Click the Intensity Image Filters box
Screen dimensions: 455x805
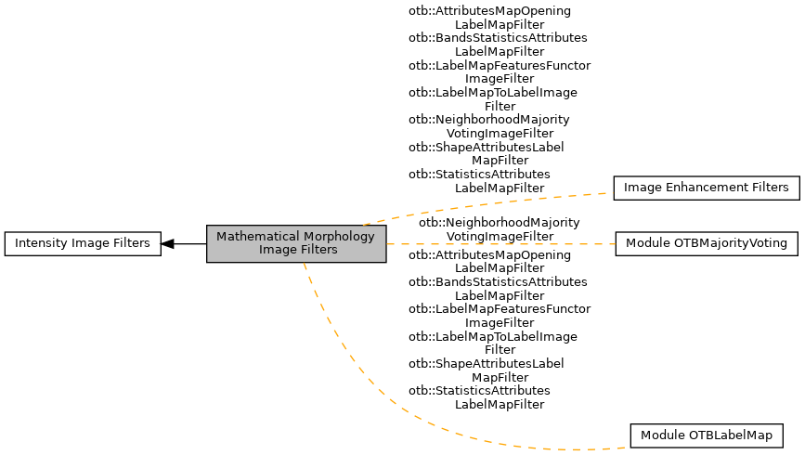(x=83, y=244)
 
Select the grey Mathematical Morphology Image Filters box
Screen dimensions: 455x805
(x=295, y=243)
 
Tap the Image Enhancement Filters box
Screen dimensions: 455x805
(x=706, y=188)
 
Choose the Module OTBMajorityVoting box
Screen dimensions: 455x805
(x=706, y=244)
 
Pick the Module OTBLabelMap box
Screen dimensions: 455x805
(x=706, y=435)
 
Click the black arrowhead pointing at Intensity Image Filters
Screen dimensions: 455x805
(x=168, y=244)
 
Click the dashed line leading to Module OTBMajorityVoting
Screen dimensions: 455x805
(x=501, y=243)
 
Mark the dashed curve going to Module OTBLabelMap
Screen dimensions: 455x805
(x=371, y=390)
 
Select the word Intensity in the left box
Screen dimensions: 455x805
(x=35, y=244)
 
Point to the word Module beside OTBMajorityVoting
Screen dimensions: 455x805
(x=647, y=244)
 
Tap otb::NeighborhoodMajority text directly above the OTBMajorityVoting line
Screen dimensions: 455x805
(x=499, y=223)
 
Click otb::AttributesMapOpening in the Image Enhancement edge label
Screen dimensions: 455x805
(x=489, y=11)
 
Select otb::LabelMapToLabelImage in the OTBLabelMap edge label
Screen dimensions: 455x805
(x=492, y=336)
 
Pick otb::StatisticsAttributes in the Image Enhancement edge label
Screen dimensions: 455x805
(x=479, y=175)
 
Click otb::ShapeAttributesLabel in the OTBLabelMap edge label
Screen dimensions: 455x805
(x=486, y=364)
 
